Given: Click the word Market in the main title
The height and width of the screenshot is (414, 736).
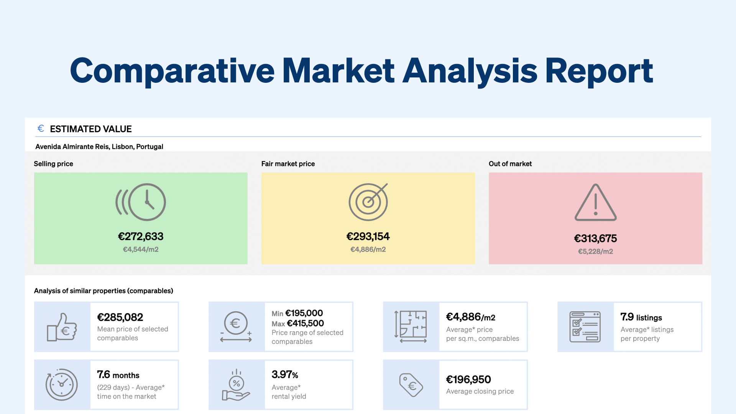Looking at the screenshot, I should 338,71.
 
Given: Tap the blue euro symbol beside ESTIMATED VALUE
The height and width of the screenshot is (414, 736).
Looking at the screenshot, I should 41,128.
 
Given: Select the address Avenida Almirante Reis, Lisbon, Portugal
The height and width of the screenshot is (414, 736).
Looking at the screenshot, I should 99,146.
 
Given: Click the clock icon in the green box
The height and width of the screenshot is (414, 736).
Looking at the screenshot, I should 141,202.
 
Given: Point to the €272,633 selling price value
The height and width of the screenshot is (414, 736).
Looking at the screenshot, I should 140,237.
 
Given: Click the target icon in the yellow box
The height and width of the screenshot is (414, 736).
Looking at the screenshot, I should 368,202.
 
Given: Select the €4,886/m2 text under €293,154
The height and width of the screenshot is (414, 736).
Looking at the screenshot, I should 368,250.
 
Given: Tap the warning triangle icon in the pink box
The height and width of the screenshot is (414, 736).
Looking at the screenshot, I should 595,203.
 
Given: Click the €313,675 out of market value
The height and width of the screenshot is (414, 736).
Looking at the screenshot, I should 595,238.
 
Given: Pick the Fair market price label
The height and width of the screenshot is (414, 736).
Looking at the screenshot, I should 288,164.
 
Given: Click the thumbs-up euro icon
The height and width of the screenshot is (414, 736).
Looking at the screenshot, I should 62,327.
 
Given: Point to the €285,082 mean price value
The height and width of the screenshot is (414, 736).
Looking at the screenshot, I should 120,317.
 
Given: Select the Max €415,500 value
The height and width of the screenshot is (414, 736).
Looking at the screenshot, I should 298,324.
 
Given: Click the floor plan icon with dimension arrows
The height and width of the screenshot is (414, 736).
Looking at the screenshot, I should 411,327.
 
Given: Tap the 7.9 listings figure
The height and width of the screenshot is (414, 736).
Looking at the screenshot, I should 641,317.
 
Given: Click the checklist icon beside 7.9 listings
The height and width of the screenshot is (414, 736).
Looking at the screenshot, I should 585,327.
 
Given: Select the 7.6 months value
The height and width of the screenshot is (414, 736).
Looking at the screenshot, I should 118,375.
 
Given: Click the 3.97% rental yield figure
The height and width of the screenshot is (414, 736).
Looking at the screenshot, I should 285,375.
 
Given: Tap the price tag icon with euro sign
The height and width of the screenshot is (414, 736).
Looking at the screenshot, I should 411,385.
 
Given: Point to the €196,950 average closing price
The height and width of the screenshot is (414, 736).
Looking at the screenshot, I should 468,379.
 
